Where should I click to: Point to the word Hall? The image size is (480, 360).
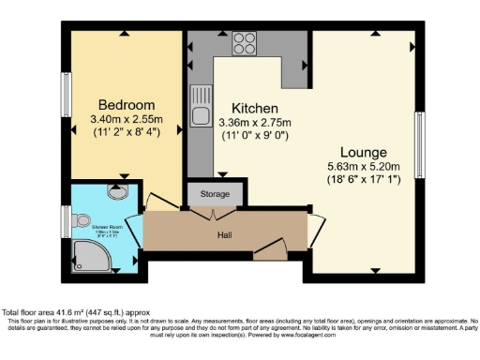[225, 234]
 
